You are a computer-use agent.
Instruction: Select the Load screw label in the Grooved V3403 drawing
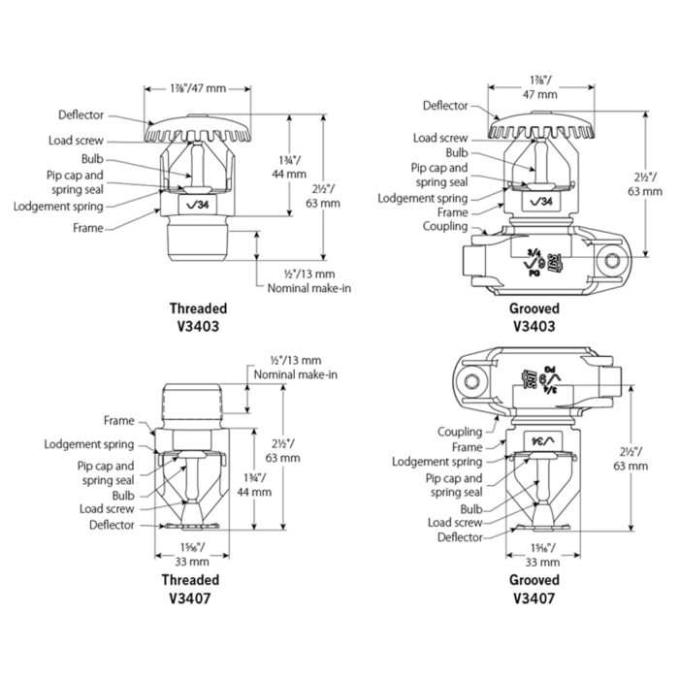tap(439, 139)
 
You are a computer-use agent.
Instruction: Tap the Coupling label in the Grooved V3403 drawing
tap(445, 228)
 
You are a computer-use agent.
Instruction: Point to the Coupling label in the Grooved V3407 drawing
tap(459, 432)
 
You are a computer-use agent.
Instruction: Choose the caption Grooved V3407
tap(533, 590)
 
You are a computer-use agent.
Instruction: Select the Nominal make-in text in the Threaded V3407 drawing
tap(294, 374)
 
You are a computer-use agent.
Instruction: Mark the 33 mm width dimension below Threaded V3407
tap(192, 561)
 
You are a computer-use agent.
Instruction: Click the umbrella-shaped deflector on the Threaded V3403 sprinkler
tap(198, 127)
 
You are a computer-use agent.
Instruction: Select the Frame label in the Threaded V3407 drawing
tap(119, 421)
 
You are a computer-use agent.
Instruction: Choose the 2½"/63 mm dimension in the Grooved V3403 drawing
tap(631, 184)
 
